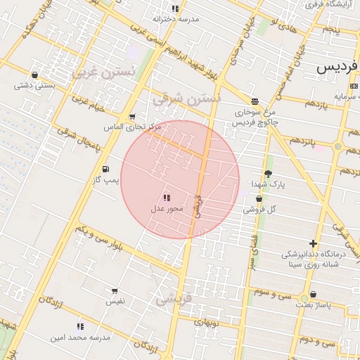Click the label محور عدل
coord(167,209)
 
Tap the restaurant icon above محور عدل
coord(167,198)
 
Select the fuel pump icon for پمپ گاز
coord(105,169)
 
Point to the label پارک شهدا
coord(268,184)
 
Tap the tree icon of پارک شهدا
coord(268,174)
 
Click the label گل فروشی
coord(260,209)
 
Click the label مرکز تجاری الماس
coord(133,127)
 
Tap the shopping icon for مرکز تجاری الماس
coord(131,117)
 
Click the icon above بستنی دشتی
coord(34,75)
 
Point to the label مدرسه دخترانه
coord(176,19)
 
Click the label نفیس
coord(115,301)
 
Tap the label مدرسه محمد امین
coord(80,337)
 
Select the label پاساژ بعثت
coord(313,305)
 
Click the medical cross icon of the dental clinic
coord(313,243)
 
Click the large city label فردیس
coord(338,68)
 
